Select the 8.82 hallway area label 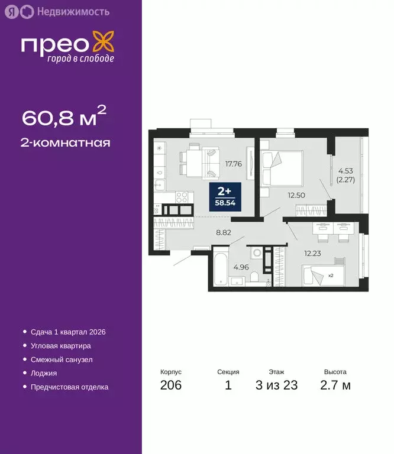[223, 232]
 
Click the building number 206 [170, 386]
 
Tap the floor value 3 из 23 [276, 386]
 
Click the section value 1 [228, 386]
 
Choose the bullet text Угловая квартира [61, 346]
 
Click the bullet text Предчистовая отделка [69, 387]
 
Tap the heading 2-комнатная [66, 142]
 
